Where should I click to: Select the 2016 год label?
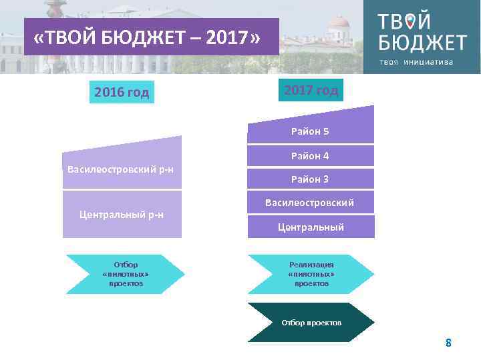(x=122, y=92)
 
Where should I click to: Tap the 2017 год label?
(x=311, y=90)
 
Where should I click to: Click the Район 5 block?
(x=310, y=130)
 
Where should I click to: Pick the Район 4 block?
(x=310, y=156)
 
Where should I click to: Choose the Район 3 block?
(x=310, y=179)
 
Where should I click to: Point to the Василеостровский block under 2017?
(x=310, y=203)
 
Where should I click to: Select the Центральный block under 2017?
(x=310, y=227)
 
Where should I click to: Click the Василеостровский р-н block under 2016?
(x=122, y=167)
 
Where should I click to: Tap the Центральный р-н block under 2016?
(x=122, y=214)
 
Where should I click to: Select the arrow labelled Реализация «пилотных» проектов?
(x=311, y=274)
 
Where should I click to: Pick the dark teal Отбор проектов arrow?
(x=311, y=323)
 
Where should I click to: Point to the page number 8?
(x=448, y=343)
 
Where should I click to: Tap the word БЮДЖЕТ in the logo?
(x=422, y=43)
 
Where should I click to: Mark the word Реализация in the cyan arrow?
(x=311, y=265)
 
